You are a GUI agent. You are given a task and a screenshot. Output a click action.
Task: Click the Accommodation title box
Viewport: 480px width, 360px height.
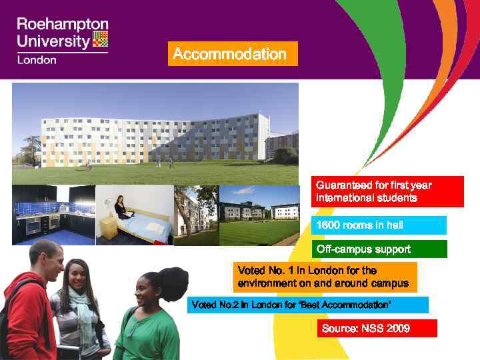click(x=233, y=54)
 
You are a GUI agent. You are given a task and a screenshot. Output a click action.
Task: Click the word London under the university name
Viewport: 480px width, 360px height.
click(x=37, y=59)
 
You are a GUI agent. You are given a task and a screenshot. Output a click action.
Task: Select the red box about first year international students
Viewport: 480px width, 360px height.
click(x=389, y=191)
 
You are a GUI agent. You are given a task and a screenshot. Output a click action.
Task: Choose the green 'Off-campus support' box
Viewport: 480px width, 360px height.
click(x=380, y=249)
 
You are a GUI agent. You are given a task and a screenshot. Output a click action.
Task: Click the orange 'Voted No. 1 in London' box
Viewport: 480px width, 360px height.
click(x=325, y=277)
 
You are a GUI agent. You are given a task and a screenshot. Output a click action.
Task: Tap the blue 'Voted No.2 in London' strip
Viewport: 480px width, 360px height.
click(x=307, y=305)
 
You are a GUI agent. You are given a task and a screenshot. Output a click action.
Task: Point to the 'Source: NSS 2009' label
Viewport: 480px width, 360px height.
click(x=377, y=328)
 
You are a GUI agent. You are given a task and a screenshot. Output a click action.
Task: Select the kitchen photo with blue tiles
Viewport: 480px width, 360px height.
click(x=53, y=215)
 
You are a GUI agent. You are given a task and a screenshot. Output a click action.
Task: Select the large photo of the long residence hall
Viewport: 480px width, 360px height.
click(x=155, y=133)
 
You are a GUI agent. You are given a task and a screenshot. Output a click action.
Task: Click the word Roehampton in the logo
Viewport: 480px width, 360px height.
click(x=62, y=25)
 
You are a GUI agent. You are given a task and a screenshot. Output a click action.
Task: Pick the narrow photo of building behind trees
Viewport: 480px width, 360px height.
click(x=196, y=215)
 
